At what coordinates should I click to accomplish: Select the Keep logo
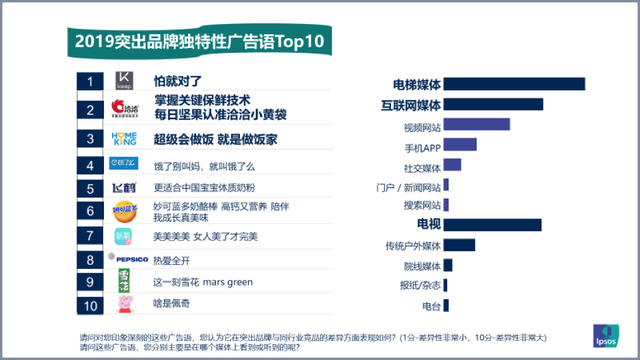124,82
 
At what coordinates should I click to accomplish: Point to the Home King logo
125,138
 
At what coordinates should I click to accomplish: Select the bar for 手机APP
460,145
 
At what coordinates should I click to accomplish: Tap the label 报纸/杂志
420,285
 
